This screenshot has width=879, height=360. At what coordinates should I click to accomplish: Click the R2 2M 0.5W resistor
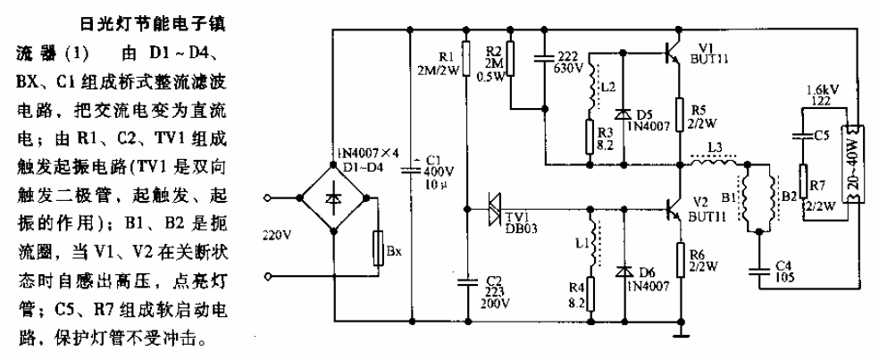pyautogui.click(x=511, y=55)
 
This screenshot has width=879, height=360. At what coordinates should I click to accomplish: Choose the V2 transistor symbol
pyautogui.click(x=672, y=207)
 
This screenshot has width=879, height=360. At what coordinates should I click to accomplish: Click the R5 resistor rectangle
pyautogui.click(x=681, y=117)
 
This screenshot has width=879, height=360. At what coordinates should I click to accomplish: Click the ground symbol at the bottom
pyautogui.click(x=681, y=335)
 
